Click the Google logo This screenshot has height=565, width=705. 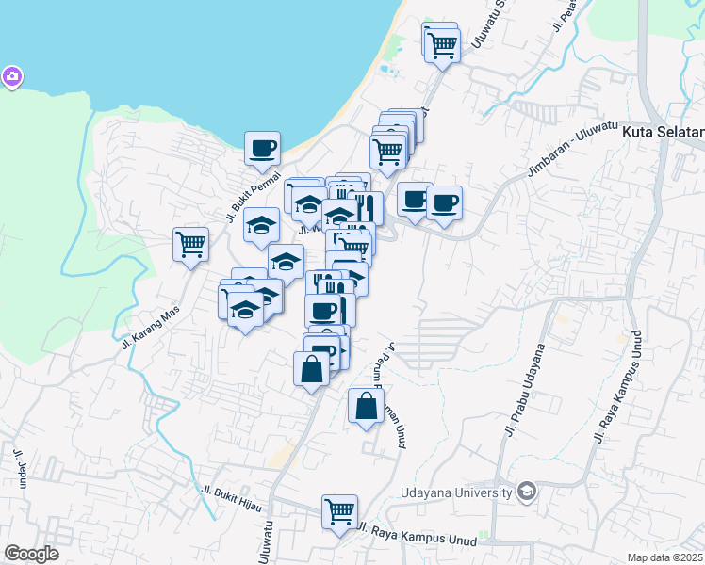click(31, 554)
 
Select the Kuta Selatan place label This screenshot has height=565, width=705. click(664, 133)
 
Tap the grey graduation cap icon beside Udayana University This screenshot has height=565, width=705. click(526, 491)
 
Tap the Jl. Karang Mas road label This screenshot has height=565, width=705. click(150, 328)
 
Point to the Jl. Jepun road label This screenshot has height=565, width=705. click(19, 472)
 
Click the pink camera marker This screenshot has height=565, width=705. click(11, 76)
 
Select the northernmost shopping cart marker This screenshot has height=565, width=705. click(442, 43)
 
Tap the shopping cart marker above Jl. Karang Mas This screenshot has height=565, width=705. click(191, 245)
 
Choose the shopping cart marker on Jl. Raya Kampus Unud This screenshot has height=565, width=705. click(339, 512)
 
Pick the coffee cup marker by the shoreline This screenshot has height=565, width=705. click(263, 147)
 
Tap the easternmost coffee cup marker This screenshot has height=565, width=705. click(444, 202)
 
